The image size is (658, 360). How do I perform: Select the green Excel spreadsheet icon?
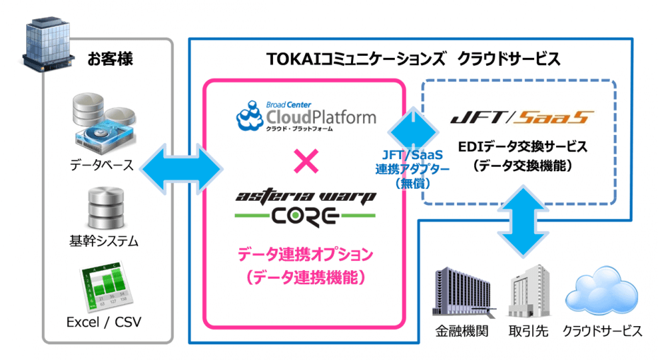(103, 287)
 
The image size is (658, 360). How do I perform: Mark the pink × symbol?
(305, 163)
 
